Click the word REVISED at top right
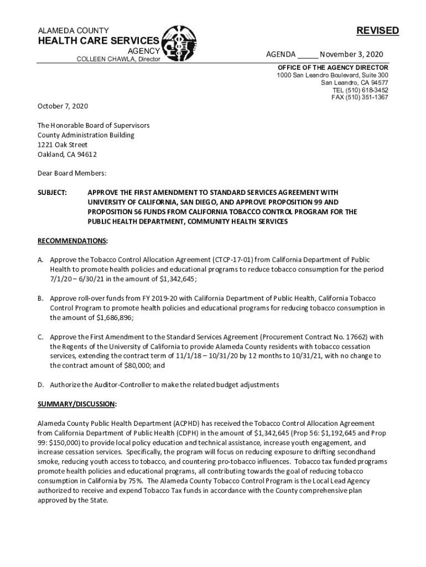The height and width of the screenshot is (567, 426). point(377,31)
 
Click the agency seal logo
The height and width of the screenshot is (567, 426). point(179,43)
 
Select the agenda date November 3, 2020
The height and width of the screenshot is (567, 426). point(351,54)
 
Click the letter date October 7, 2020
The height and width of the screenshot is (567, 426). point(63,106)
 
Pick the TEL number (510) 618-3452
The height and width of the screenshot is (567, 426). point(368,90)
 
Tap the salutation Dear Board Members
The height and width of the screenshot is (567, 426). point(71,173)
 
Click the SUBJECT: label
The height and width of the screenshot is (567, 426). point(52,192)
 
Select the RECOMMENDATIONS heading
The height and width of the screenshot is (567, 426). point(72,241)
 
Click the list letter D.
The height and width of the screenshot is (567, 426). point(40,384)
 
